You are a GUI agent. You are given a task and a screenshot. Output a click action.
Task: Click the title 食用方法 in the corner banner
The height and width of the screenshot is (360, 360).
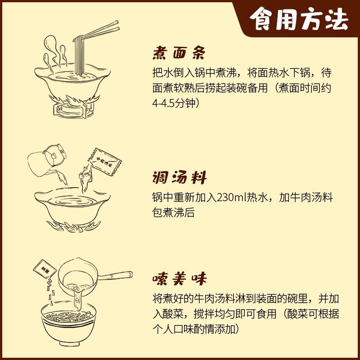(x=299, y=19)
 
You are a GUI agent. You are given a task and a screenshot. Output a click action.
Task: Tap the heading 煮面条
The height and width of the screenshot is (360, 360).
(x=179, y=53)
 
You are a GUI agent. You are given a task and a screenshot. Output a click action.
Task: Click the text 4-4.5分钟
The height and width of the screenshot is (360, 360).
(x=176, y=103)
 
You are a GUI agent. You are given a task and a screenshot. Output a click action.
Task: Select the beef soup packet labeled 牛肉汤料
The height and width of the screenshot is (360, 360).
(x=104, y=162)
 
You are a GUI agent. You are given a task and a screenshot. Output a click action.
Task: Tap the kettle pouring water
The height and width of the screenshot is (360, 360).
(x=47, y=159)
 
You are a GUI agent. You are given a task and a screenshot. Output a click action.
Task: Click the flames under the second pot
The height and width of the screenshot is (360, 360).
(x=73, y=226)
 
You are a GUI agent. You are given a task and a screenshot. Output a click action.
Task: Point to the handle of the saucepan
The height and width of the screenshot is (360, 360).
(x=115, y=275)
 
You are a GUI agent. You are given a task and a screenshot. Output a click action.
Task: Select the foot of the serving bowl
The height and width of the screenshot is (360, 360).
(x=69, y=343)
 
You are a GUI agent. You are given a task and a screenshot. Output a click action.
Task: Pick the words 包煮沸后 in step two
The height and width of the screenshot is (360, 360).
(x=174, y=212)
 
